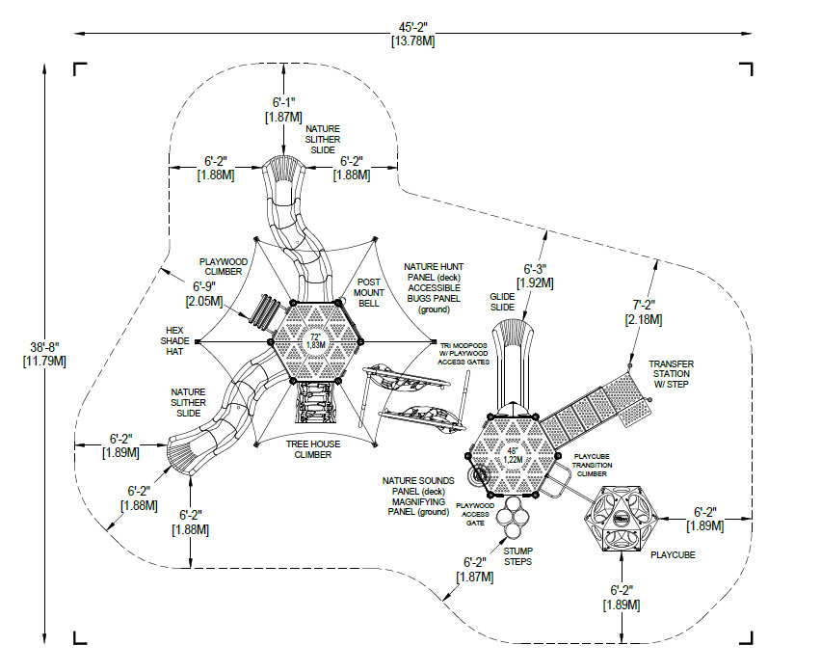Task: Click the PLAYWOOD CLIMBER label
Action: (224, 268)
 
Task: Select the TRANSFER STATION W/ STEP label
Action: (671, 373)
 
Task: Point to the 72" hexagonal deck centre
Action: (315, 340)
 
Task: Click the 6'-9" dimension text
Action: (203, 293)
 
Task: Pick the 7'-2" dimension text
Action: (644, 310)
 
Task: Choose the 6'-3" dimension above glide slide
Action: (535, 276)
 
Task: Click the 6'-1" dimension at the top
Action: (282, 108)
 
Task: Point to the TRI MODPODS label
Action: (464, 349)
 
